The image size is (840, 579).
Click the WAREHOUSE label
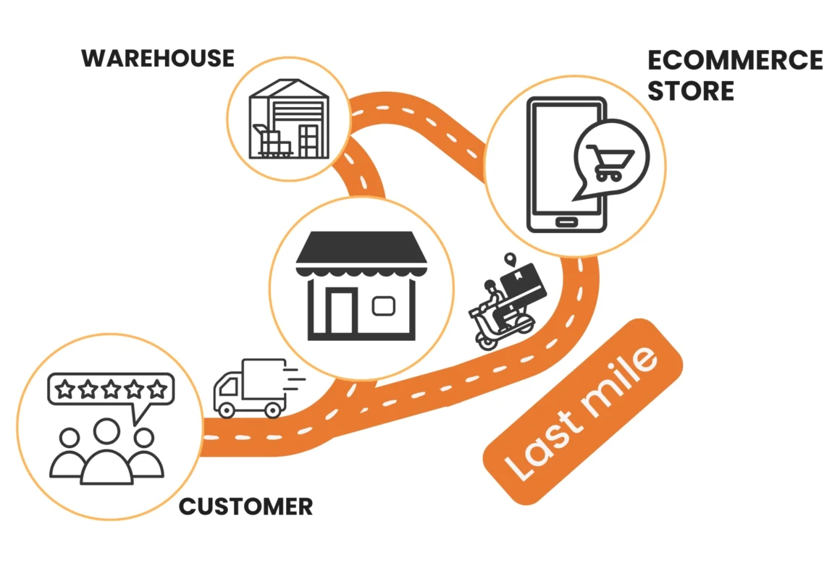158,58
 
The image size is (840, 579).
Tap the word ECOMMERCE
735,60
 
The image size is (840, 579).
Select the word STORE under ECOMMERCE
691,91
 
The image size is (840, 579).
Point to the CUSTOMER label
245,506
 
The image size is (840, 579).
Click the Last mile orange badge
584,412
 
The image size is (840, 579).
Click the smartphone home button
566,220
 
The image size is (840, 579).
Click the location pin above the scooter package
512,259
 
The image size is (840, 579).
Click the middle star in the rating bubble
111,390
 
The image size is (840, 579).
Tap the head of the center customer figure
107,433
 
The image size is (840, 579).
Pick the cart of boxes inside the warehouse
270,142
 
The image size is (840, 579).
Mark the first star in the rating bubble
65,390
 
